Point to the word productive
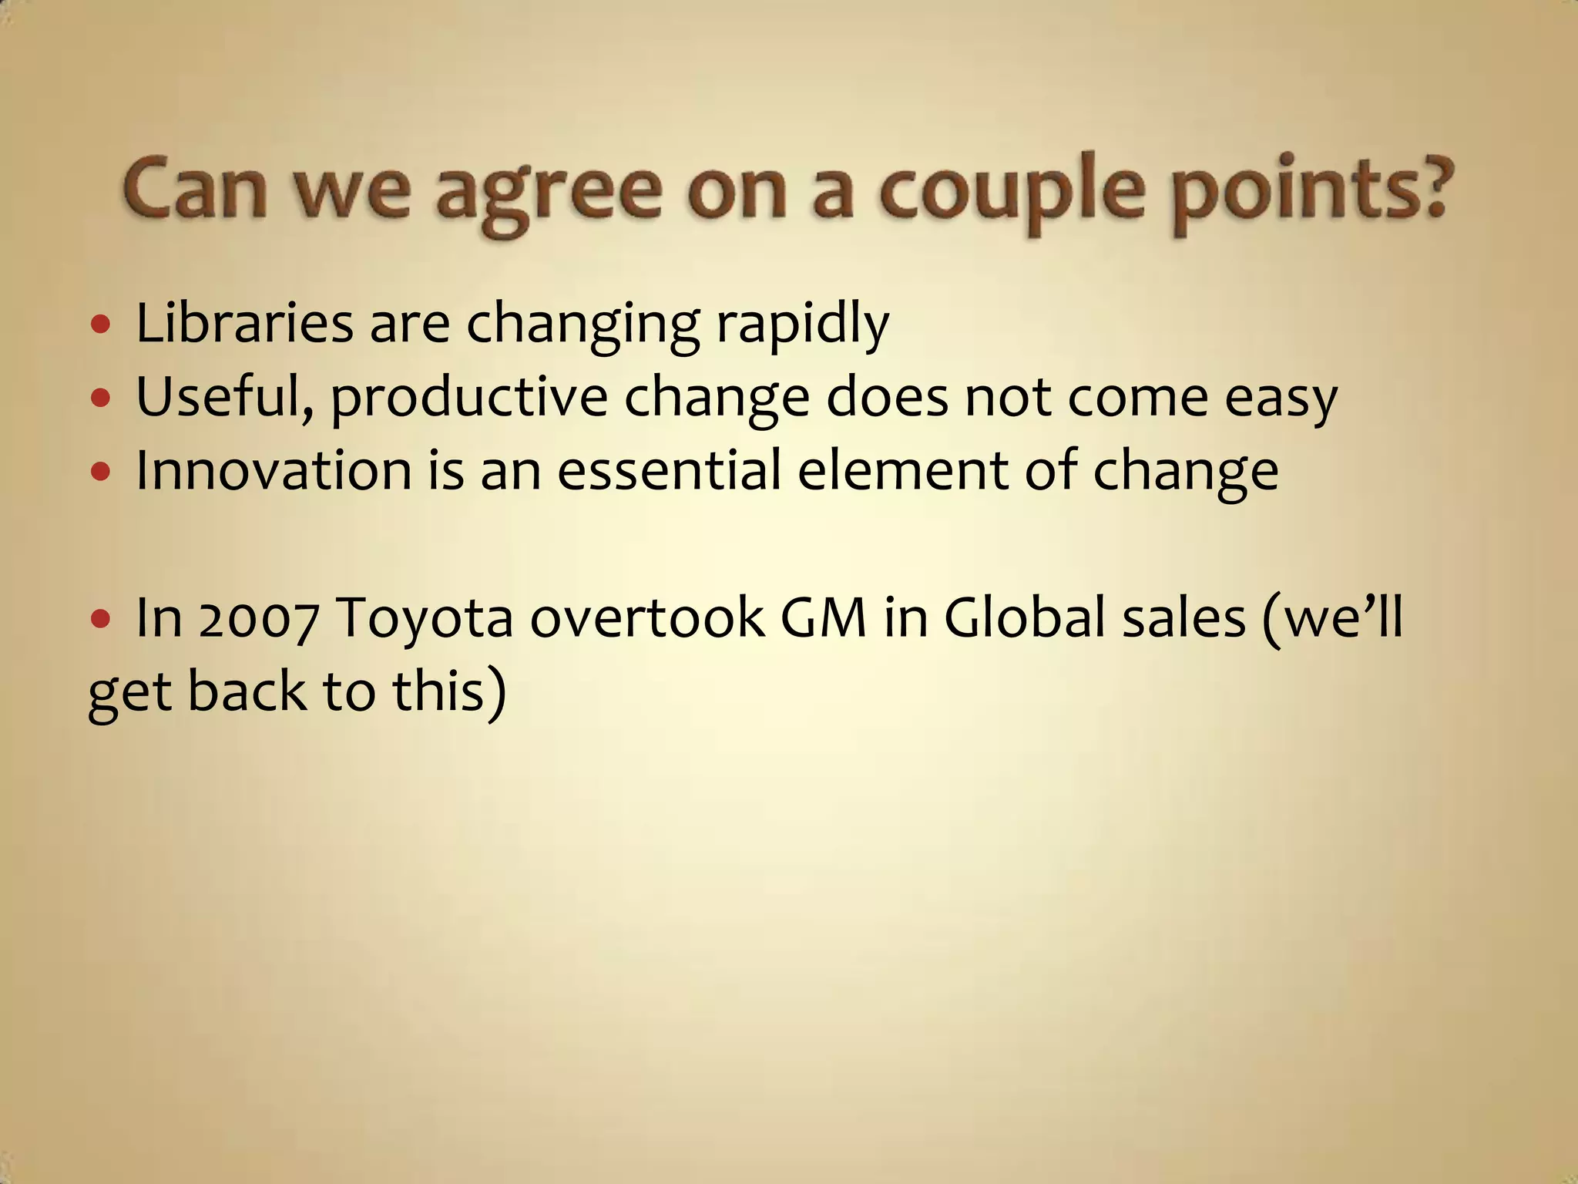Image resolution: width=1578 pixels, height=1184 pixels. [x=469, y=399]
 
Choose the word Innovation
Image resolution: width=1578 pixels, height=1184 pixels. [x=274, y=470]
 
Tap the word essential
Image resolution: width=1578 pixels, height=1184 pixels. [x=669, y=470]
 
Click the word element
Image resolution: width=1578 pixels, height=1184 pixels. [x=902, y=470]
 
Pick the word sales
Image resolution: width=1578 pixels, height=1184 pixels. [x=1183, y=618]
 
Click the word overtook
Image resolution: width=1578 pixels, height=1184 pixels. [x=647, y=618]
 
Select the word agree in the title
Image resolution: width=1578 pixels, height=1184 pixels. [x=548, y=193]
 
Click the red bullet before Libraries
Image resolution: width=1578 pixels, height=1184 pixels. [x=100, y=325]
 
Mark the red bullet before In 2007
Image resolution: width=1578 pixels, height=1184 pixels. [x=100, y=619]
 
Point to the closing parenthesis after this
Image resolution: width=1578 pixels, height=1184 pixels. [x=496, y=691]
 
